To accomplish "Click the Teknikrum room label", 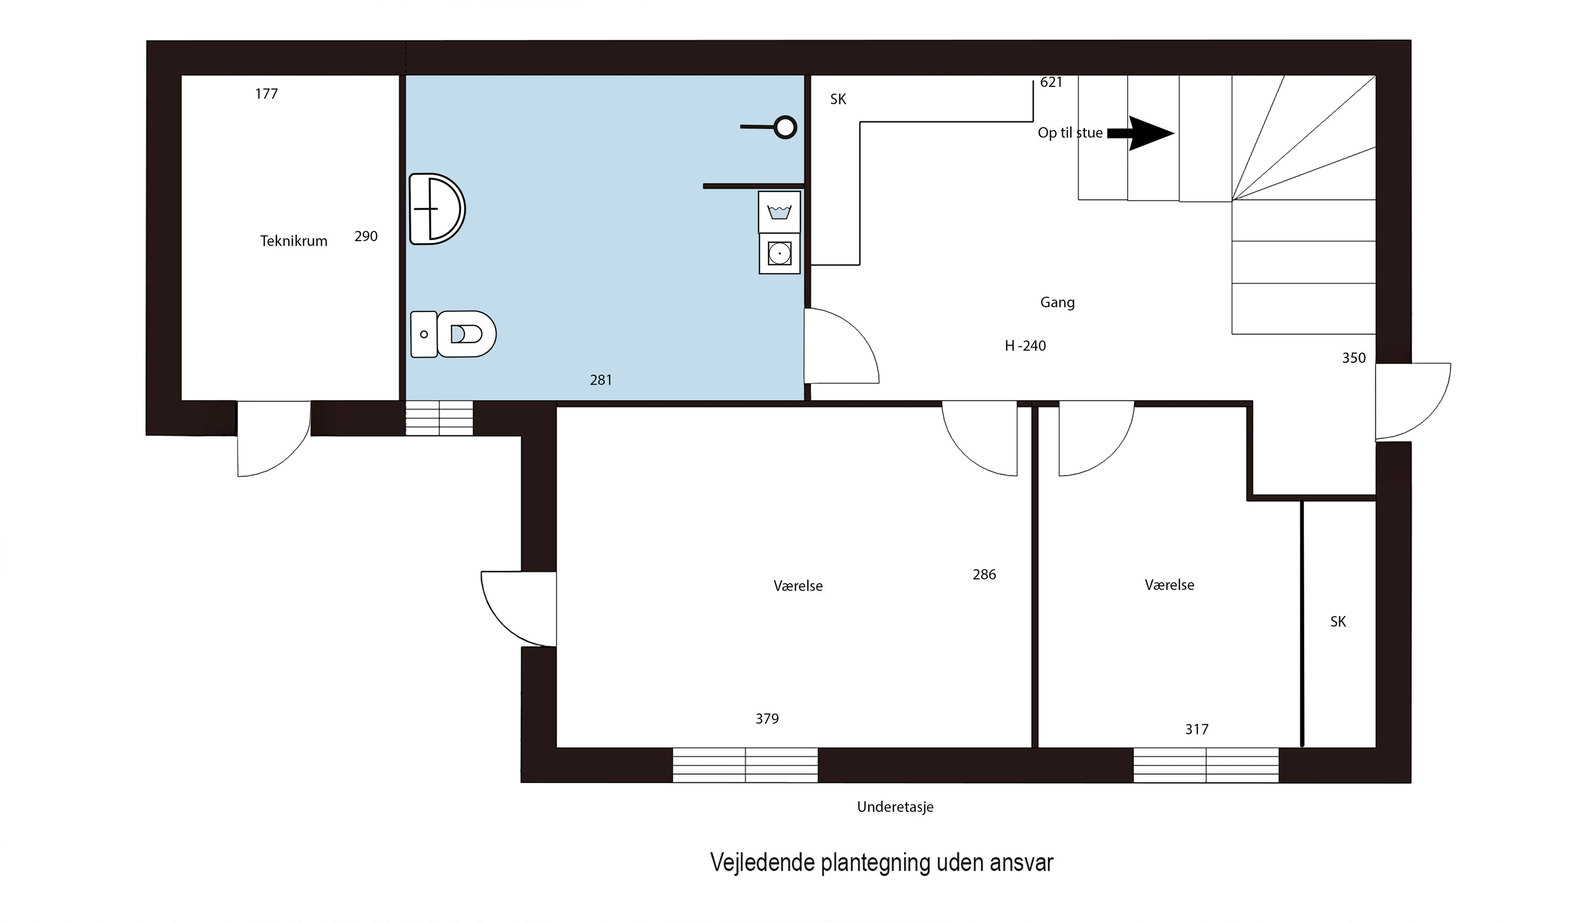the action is [293, 241].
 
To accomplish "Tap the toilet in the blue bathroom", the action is [453, 334].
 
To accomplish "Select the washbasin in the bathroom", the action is [437, 209].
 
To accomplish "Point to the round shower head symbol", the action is [785, 127].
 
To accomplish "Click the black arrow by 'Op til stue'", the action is [1140, 133].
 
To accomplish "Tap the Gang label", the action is [1057, 302].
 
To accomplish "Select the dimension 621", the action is [1051, 82].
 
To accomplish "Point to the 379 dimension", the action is [767, 719].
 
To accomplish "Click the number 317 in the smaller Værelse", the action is [1196, 729].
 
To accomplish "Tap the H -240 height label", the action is [1025, 346].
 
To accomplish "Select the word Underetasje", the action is [895, 807].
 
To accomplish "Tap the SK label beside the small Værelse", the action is [1338, 622].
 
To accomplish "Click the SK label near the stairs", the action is [838, 99].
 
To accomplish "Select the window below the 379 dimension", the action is [745, 765].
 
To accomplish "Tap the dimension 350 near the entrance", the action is [1354, 358].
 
